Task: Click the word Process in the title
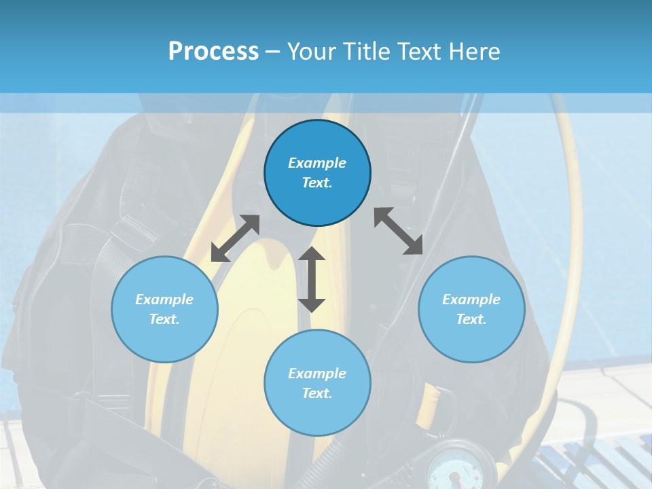pyautogui.click(x=213, y=51)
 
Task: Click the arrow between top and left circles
pyautogui.click(x=235, y=238)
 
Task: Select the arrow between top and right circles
pyautogui.click(x=399, y=231)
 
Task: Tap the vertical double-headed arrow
pyautogui.click(x=312, y=279)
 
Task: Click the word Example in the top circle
pyautogui.click(x=317, y=163)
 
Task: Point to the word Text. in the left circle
pyautogui.click(x=164, y=319)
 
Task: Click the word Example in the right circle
pyautogui.click(x=471, y=300)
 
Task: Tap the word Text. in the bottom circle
pyautogui.click(x=317, y=393)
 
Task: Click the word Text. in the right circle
pyautogui.click(x=471, y=319)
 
